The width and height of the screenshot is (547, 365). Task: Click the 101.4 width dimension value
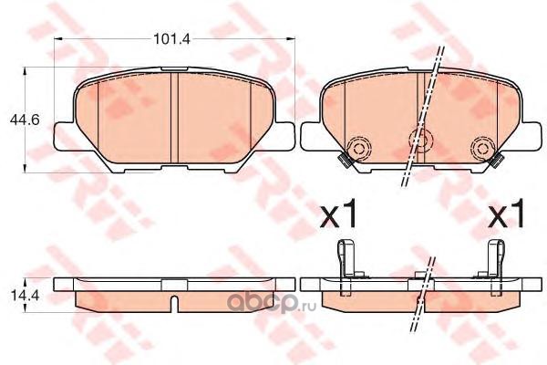pos(172,39)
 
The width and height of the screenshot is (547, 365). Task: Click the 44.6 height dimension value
pos(25,120)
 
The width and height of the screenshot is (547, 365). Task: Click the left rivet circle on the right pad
pos(358,149)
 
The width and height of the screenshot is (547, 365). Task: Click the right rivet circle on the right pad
pos(483,149)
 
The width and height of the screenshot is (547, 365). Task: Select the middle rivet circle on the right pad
pos(420,140)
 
